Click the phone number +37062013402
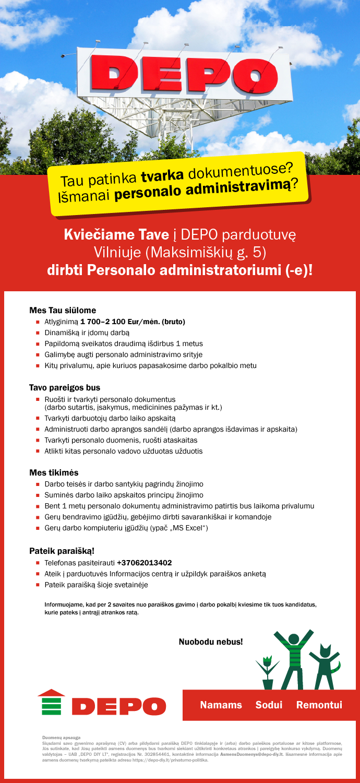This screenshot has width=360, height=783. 144,563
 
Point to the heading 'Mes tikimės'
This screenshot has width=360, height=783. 54,472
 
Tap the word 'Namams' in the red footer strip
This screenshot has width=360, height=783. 221,705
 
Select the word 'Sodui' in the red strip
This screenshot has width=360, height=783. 269,705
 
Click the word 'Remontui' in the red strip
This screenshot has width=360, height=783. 319,705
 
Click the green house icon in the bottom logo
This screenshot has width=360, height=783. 52,703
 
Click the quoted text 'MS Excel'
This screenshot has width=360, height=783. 191,528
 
